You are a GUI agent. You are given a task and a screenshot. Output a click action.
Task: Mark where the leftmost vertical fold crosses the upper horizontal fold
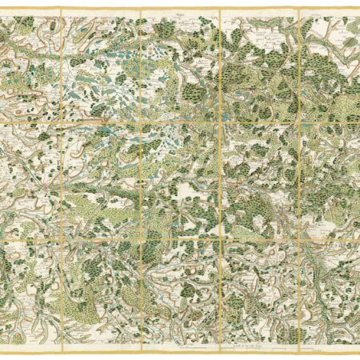point(62,119)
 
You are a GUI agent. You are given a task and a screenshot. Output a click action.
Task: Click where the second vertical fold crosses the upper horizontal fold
point(141,119)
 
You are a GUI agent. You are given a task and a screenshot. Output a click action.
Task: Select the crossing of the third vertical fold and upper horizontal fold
point(219,119)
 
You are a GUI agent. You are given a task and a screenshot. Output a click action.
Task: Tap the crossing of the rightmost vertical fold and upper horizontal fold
point(298,119)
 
